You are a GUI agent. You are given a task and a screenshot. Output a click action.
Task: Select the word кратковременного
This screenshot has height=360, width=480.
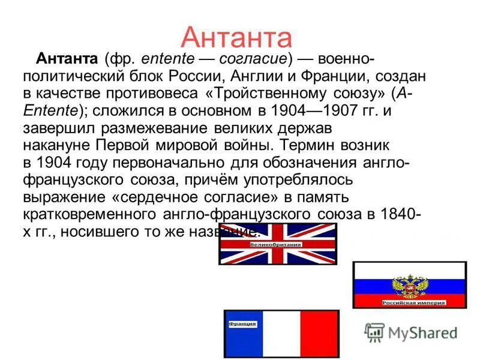tap(90, 214)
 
